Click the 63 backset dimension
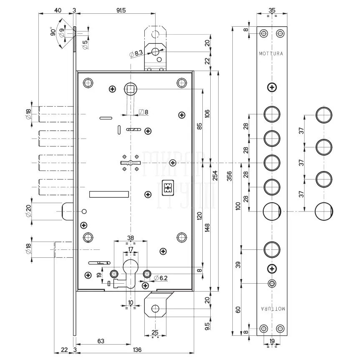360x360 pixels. (x=101, y=341)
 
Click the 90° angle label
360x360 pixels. (x=53, y=32)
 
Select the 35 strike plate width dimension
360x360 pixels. (x=272, y=10)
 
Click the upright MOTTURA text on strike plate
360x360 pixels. (x=271, y=54)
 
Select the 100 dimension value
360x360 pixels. (x=238, y=206)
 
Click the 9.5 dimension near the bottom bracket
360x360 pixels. (x=208, y=325)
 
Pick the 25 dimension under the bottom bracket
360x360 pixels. (x=155, y=332)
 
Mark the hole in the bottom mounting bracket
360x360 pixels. (x=155, y=309)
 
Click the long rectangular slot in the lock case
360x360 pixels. (x=109, y=194)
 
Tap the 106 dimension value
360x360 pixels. (x=208, y=113)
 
